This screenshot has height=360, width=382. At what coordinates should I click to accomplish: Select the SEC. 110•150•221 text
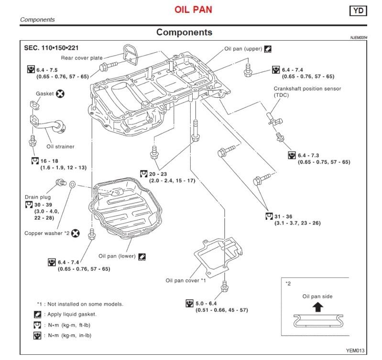click(x=51, y=48)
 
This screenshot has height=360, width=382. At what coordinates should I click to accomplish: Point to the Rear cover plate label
click(x=81, y=58)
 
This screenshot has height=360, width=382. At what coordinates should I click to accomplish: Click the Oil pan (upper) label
click(x=243, y=49)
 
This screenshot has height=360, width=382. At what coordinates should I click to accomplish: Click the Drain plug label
click(x=38, y=197)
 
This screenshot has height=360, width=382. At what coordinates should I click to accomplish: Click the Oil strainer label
click(x=60, y=146)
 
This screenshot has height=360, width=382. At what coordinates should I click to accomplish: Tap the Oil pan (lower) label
click(x=117, y=256)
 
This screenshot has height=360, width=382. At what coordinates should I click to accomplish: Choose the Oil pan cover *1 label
click(x=186, y=280)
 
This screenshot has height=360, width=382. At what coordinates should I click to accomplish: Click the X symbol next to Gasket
click(x=61, y=94)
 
